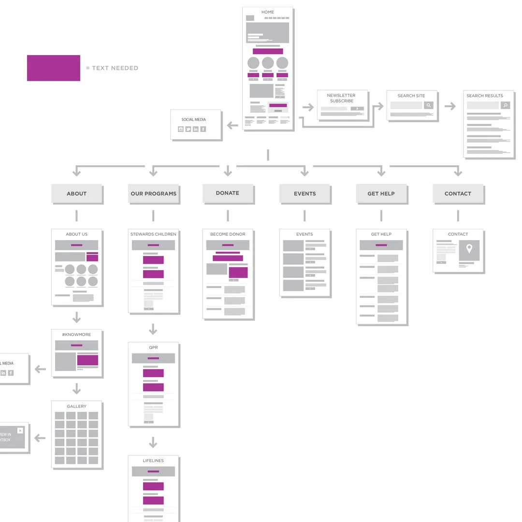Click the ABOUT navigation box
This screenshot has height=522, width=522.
pyautogui.click(x=76, y=193)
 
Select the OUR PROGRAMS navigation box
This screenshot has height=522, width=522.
pyautogui.click(x=153, y=193)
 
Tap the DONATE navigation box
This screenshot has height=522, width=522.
pyautogui.click(x=228, y=193)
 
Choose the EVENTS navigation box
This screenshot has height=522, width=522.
pyautogui.click(x=304, y=193)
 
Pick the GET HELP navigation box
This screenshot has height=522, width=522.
pyautogui.click(x=381, y=193)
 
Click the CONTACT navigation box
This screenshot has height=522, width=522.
pyautogui.click(x=458, y=193)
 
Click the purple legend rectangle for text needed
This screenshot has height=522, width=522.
pyautogui.click(x=54, y=68)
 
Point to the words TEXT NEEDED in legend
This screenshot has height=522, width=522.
pyautogui.click(x=115, y=68)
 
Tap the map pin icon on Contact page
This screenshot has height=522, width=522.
pyautogui.click(x=469, y=249)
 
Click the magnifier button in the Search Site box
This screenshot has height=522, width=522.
pyautogui.click(x=428, y=105)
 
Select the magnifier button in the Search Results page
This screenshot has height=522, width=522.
pyautogui.click(x=505, y=105)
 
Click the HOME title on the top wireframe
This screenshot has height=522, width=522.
pyautogui.click(x=268, y=12)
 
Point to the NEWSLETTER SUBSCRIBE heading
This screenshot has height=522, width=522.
pyautogui.click(x=341, y=98)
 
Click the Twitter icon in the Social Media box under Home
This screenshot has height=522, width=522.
pyautogui.click(x=188, y=129)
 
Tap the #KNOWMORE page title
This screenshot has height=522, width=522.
pyautogui.click(x=76, y=334)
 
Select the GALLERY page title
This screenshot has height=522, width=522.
pyautogui.click(x=76, y=406)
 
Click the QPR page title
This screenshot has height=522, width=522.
pyautogui.click(x=153, y=348)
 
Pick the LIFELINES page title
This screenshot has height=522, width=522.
pyautogui.click(x=153, y=461)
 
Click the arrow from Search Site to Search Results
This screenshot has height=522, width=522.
pyautogui.click(x=450, y=106)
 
